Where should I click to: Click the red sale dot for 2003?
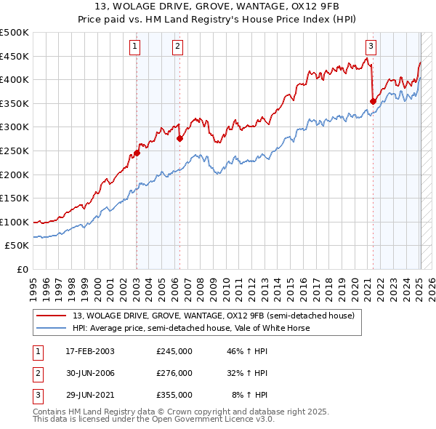[x=137, y=153]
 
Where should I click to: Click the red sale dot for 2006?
[x=179, y=138]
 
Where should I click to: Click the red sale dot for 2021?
[x=373, y=101]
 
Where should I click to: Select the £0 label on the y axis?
[x=23, y=269]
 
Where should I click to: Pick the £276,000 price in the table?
[x=174, y=373]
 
